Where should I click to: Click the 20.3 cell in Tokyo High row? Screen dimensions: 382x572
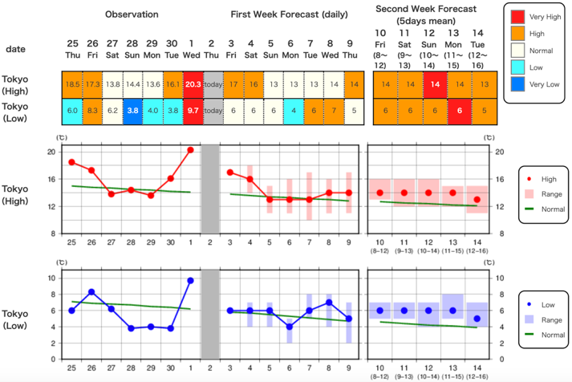(x=193, y=83)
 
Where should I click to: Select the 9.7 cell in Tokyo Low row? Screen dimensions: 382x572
(x=193, y=110)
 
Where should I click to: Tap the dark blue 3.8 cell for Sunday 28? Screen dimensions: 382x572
(x=133, y=110)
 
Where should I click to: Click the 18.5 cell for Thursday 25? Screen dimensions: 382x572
(x=72, y=83)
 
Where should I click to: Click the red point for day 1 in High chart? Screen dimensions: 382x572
(x=191, y=149)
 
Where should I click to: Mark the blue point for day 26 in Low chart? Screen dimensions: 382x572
(x=91, y=291)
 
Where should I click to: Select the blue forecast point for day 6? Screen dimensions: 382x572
(x=290, y=327)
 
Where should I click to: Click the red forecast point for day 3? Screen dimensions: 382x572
(x=230, y=172)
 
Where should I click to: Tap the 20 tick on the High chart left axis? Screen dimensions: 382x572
(x=51, y=151)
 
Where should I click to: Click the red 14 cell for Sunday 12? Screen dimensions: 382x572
(x=428, y=83)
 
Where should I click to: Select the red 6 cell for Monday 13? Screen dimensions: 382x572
(x=452, y=110)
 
